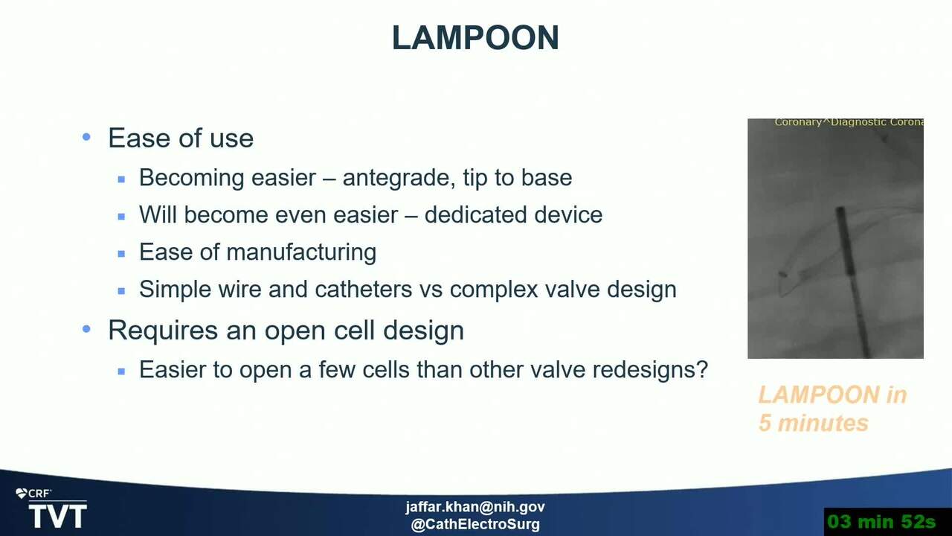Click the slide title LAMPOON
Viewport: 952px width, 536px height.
click(x=475, y=37)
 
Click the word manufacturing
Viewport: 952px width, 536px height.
click(x=301, y=252)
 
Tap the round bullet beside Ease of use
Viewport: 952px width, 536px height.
click(x=86, y=137)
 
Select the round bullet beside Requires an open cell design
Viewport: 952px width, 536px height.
click(x=86, y=329)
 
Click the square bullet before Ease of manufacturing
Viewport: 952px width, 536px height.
click(x=121, y=254)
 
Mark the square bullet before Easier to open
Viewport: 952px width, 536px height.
click(x=121, y=371)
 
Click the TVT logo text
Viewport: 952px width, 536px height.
click(x=58, y=516)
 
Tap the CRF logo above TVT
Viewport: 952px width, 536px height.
click(x=33, y=494)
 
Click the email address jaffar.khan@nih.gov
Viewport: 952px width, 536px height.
click(x=475, y=507)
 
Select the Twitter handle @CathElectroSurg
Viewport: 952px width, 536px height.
click(x=475, y=524)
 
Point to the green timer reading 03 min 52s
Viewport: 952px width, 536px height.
click(x=881, y=522)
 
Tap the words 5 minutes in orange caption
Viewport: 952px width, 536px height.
click(x=814, y=423)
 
